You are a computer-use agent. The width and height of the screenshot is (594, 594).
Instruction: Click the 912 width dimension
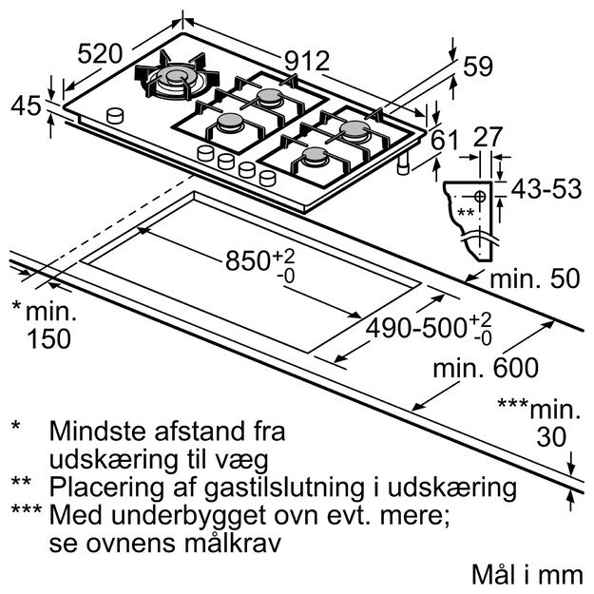pos(307,62)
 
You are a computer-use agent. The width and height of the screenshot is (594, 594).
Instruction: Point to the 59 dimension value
pos(479,67)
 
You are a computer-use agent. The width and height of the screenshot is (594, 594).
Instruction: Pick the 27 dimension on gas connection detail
pos(488,137)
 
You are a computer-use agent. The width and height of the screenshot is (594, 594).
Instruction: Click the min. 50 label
pos(537,278)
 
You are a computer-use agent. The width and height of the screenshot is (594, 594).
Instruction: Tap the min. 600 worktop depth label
pos(485,367)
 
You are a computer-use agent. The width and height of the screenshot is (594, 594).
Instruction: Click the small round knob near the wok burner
pos(116,115)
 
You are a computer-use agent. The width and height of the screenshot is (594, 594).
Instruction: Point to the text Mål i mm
pos(525,575)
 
